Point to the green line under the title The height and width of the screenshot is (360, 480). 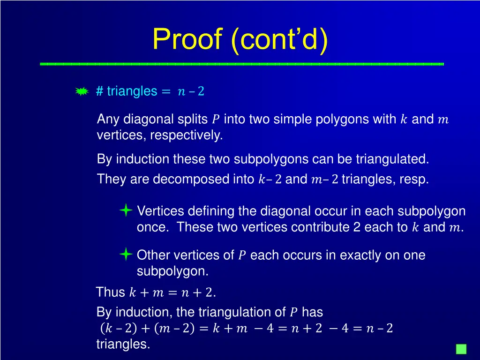coord(242,63)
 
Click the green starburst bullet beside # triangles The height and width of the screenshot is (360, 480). coord(82,91)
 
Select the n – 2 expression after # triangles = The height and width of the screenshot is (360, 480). coord(191,91)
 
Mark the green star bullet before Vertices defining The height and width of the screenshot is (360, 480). coord(126,210)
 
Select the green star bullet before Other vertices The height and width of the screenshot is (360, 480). coord(126,255)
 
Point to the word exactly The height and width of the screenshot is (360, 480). coord(360,255)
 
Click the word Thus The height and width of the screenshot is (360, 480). coord(110,292)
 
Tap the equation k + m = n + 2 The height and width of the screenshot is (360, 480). coord(172,293)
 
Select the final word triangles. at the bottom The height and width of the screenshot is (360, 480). coord(123,345)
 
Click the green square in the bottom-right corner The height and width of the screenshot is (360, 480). coord(461,349)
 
